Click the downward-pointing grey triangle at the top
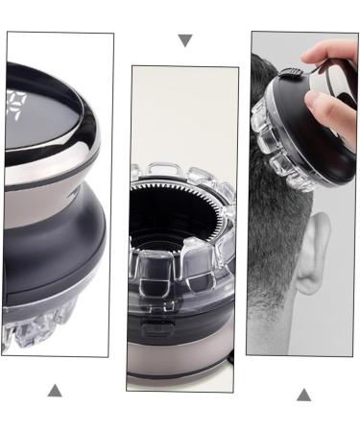[185, 41]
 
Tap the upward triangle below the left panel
[55, 390]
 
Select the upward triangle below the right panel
[303, 394]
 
